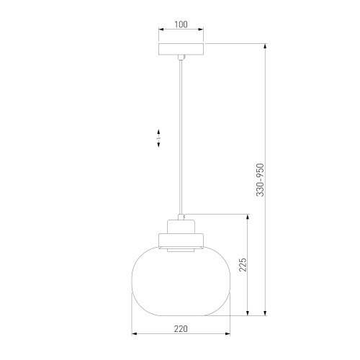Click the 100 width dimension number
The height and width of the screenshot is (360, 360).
[181, 24]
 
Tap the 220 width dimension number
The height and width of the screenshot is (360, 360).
[181, 328]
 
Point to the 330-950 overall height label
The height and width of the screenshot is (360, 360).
[261, 180]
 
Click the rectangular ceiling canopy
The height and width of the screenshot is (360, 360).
[181, 51]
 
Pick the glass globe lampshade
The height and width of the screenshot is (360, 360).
[181, 280]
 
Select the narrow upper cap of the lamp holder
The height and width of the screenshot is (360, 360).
[181, 224]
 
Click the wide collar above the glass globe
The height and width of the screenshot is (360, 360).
[181, 237]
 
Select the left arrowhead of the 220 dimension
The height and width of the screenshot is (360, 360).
[135, 335]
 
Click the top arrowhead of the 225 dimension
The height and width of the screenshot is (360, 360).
[249, 217]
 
